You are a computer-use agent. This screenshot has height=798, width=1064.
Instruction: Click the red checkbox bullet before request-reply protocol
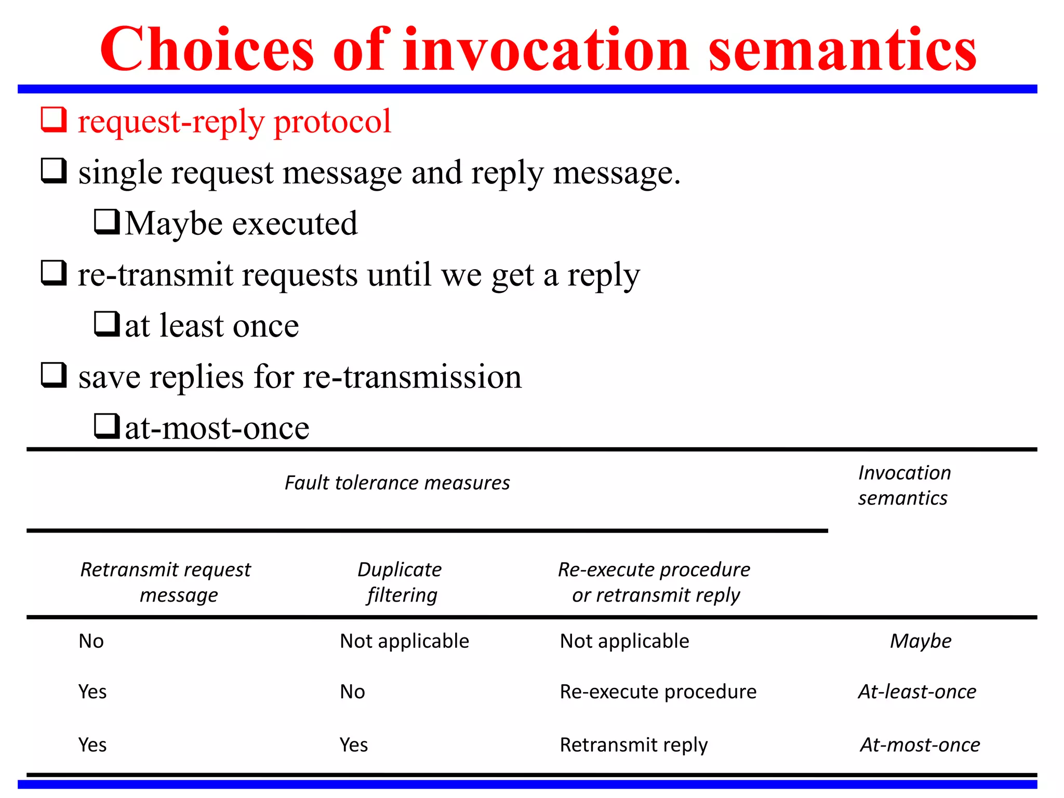point(54,119)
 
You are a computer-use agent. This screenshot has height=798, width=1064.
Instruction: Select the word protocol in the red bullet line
point(332,122)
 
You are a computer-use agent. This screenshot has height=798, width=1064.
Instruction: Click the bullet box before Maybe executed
point(107,222)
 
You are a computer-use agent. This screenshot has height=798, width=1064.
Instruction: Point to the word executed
point(295,224)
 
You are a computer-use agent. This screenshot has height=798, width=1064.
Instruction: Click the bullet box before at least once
point(107,324)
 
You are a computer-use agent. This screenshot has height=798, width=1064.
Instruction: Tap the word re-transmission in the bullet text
point(412,377)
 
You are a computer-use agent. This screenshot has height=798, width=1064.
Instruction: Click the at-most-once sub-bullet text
point(217,429)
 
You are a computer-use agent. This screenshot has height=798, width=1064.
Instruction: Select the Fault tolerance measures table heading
point(397,483)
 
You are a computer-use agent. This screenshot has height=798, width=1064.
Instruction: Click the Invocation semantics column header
point(904,485)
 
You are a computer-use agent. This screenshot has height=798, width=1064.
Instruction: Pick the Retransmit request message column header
point(166,582)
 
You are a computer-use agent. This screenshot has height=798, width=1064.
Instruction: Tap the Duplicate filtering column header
point(400,582)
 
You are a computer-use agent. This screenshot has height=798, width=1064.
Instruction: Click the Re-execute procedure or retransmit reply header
point(655,582)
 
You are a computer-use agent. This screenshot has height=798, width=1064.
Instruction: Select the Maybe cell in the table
point(921,641)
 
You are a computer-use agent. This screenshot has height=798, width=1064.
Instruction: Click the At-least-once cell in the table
point(917,692)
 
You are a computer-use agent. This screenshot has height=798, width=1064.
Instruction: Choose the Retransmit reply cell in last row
point(633,745)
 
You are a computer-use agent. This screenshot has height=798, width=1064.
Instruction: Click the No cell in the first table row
point(91,641)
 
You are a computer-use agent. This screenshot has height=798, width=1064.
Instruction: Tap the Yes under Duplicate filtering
point(354,745)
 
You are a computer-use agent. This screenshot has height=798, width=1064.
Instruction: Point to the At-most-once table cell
point(920,745)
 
